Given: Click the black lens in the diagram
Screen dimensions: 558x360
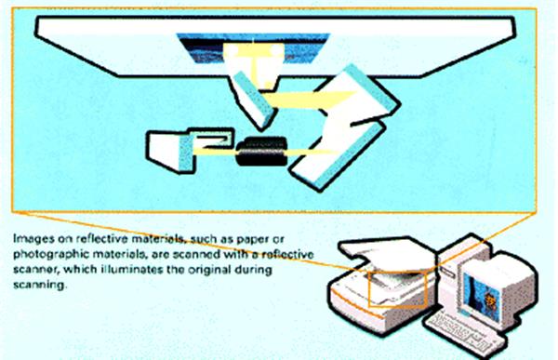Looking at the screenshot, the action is point(261,151).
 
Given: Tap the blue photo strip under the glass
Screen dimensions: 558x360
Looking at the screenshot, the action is point(253,47).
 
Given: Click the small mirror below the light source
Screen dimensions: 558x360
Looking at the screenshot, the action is point(252,100).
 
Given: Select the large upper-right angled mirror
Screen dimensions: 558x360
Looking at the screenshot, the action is point(359,95).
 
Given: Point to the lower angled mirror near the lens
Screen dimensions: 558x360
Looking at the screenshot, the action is point(338,154).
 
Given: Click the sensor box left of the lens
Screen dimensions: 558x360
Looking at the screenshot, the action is point(190,150).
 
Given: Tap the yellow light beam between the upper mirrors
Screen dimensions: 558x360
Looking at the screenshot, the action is point(309,100).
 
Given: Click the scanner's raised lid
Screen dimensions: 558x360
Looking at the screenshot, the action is point(389,252).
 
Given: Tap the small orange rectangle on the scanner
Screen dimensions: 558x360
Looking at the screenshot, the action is point(397,288).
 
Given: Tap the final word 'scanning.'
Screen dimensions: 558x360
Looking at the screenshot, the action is point(40,285).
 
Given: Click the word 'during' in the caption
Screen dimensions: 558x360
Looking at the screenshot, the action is point(253,269).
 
